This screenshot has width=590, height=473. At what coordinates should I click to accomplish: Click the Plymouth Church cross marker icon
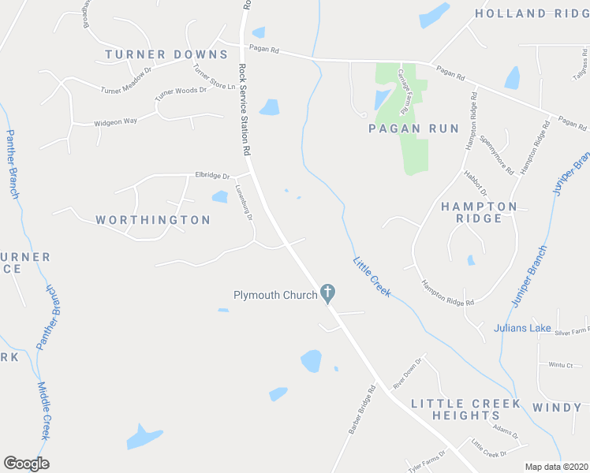[x=329, y=294]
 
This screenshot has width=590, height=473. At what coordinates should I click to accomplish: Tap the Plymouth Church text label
[x=275, y=296]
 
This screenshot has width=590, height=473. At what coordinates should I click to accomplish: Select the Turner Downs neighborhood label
[x=166, y=54]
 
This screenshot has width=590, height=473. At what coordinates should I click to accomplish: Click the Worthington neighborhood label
[x=153, y=220]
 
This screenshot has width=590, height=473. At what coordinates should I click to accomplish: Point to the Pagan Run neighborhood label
[x=402, y=127]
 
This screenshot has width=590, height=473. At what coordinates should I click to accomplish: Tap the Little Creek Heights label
[x=465, y=408]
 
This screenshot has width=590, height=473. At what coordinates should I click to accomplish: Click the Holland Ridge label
[x=532, y=13]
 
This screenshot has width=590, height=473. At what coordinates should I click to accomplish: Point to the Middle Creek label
[x=44, y=411]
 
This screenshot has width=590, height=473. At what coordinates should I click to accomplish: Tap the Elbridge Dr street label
[x=211, y=175]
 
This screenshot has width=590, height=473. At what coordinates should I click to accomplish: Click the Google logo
[x=26, y=464]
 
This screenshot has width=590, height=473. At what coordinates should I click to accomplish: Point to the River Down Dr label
[x=409, y=372]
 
